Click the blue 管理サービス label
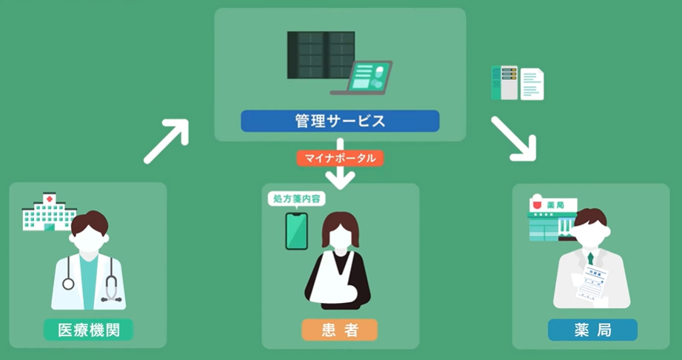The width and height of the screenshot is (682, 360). (340, 121)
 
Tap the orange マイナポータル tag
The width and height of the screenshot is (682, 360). (340, 158)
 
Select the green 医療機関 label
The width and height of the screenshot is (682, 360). (88, 329)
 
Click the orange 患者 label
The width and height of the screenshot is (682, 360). (340, 329)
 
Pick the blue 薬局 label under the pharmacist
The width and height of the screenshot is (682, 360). (592, 329)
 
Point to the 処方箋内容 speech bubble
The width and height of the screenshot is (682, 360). (296, 199)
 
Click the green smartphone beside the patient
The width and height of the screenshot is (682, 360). (296, 231)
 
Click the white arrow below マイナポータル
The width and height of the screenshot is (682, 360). (340, 176)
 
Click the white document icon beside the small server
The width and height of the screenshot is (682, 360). (532, 84)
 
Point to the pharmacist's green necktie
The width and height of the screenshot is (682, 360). (590, 258)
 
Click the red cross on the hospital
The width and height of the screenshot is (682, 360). (50, 199)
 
